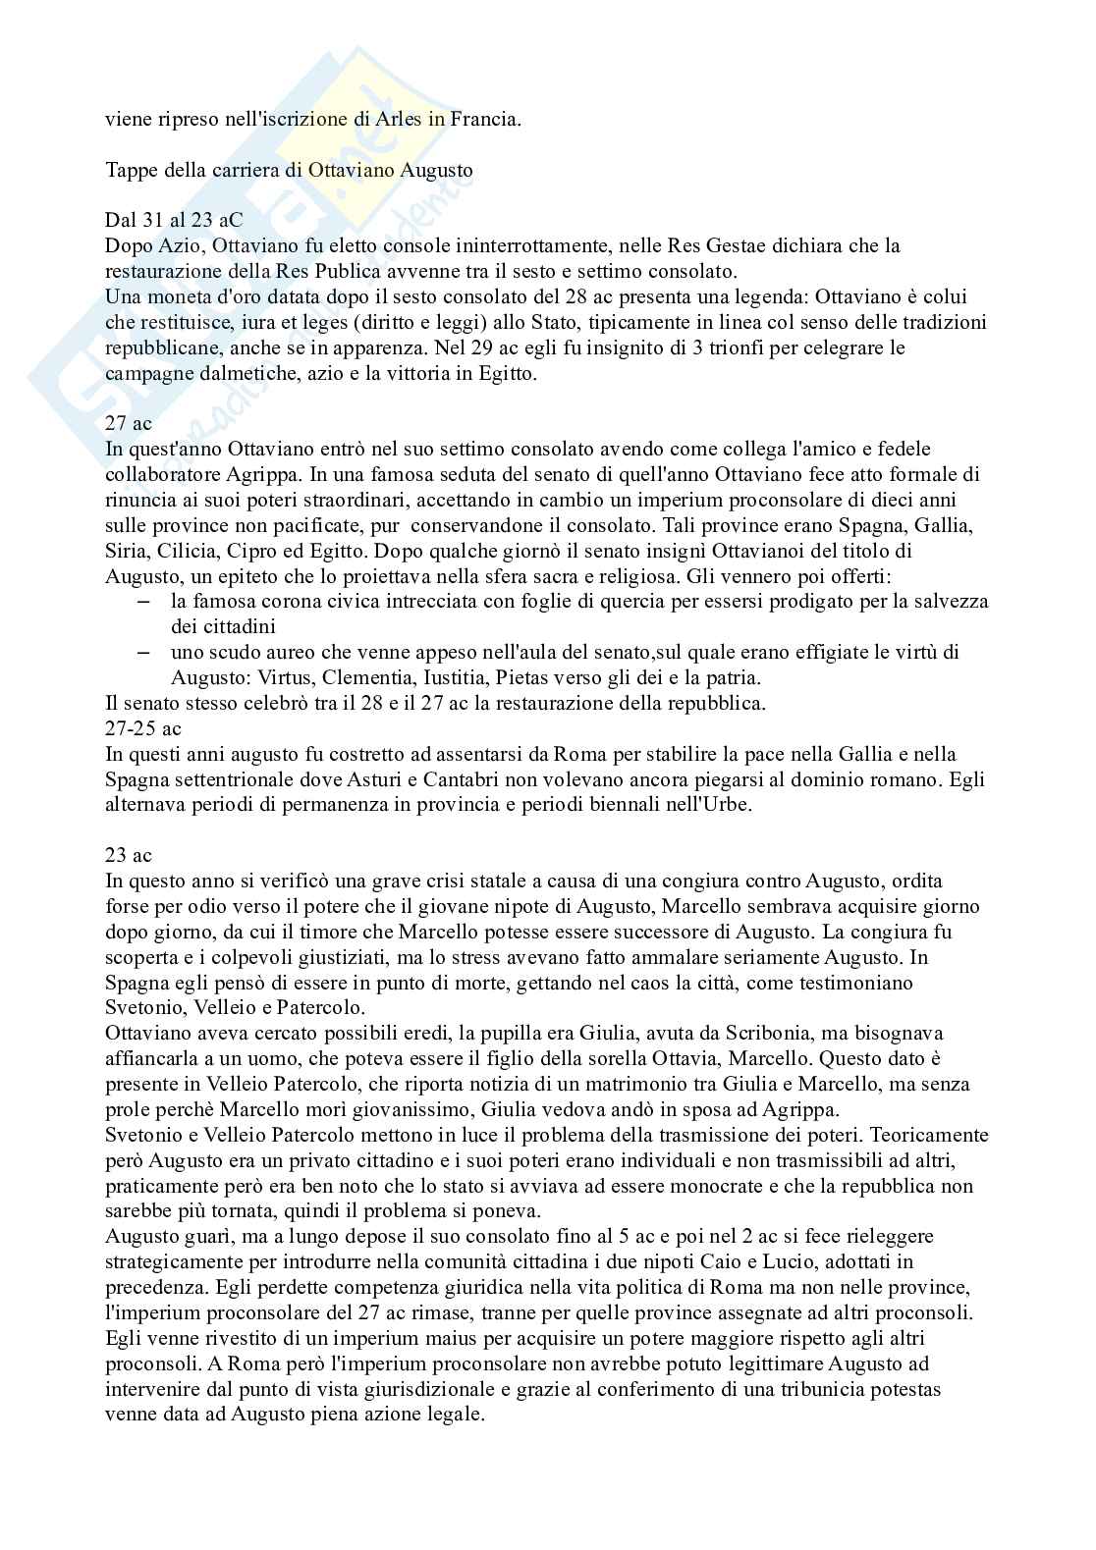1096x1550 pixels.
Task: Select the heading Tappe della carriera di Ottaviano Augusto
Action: coord(289,170)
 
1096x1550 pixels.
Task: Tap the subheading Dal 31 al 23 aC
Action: coord(174,220)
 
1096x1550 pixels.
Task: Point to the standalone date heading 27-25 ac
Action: coord(143,728)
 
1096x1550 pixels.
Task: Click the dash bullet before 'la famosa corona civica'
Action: coord(144,601)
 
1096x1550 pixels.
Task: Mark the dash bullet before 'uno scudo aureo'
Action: coord(144,652)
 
